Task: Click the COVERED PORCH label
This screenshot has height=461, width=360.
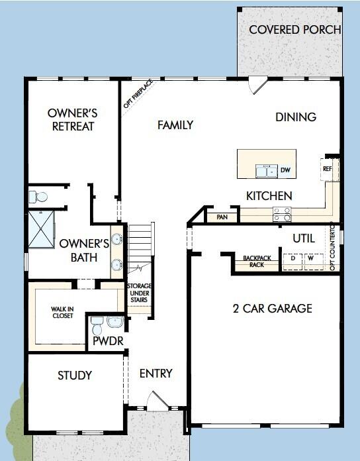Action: click(x=294, y=30)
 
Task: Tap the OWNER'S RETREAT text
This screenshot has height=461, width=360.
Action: click(x=73, y=119)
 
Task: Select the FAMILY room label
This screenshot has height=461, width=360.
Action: click(x=175, y=125)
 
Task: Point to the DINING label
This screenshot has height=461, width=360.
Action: click(x=296, y=117)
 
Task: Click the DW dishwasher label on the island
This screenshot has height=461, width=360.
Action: click(x=285, y=171)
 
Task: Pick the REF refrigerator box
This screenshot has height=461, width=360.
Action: click(x=328, y=168)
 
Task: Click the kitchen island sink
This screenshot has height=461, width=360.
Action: click(x=267, y=172)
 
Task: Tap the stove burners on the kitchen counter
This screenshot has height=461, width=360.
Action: click(x=282, y=215)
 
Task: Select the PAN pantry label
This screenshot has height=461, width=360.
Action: click(x=222, y=216)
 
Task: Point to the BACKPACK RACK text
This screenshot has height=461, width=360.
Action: click(x=253, y=262)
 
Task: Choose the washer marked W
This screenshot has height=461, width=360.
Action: click(x=310, y=258)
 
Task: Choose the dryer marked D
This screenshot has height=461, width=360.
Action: click(x=292, y=258)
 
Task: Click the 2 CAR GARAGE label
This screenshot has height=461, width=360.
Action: click(x=272, y=308)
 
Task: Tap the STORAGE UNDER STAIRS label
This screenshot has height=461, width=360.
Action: click(x=139, y=293)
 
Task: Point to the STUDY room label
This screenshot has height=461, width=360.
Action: click(x=75, y=376)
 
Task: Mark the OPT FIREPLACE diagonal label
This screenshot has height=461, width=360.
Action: click(x=138, y=93)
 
